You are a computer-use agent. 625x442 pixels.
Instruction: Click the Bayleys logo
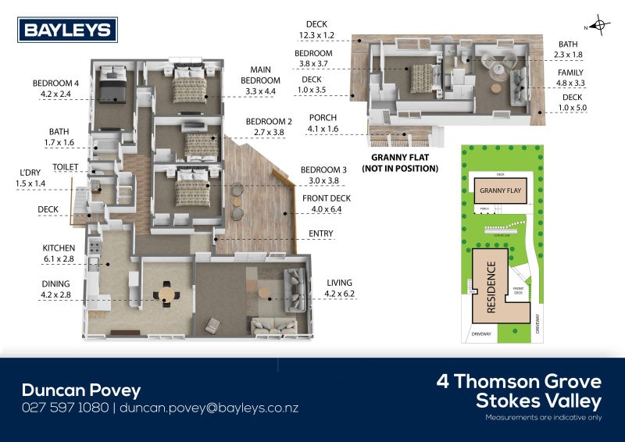pos(68,30)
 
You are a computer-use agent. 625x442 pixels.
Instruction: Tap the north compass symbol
pos(600,25)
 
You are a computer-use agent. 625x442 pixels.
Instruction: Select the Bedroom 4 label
pos(55,84)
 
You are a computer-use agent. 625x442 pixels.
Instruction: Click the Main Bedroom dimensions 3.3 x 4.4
pos(260,91)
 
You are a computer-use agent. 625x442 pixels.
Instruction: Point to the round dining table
pos(168,295)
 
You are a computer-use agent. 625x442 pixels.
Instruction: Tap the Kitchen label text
pos(58,248)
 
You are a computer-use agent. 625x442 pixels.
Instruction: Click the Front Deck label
pos(326,198)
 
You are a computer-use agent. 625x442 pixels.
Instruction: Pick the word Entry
pos(320,233)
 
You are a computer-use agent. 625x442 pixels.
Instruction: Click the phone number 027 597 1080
pos(66,408)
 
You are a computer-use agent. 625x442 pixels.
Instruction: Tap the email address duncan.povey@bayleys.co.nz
pos(209,408)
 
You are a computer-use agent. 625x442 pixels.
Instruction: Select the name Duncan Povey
pos(80,390)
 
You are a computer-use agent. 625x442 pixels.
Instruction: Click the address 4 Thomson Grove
pos(519,382)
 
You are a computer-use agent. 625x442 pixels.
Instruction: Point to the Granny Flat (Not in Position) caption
pos(404,163)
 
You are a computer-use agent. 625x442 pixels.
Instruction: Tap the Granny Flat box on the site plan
pos(500,190)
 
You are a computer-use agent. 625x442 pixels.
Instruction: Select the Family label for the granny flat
pos(570,72)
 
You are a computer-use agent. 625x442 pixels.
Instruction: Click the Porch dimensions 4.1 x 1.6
pos(323,129)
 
